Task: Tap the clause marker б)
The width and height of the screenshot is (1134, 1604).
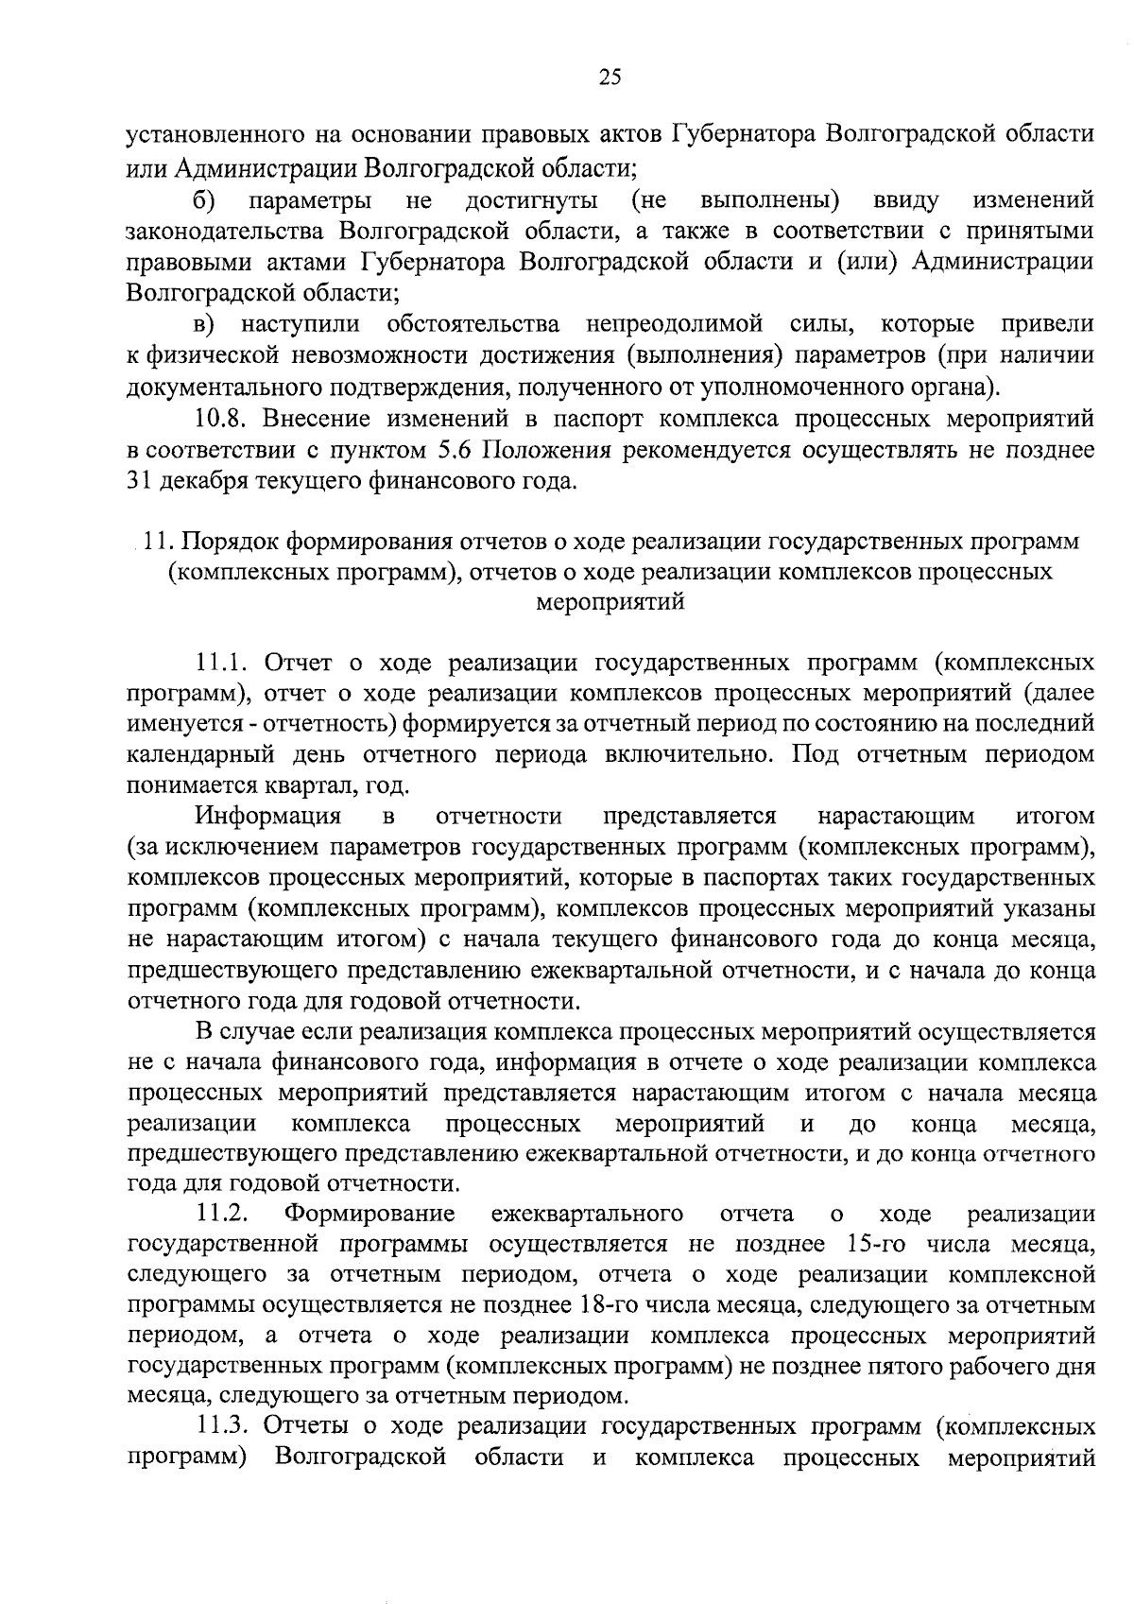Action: tap(204, 200)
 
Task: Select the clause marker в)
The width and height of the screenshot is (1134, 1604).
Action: tap(204, 325)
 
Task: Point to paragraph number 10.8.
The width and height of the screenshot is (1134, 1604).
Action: tap(224, 418)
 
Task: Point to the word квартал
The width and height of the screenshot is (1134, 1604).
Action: tap(318, 785)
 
